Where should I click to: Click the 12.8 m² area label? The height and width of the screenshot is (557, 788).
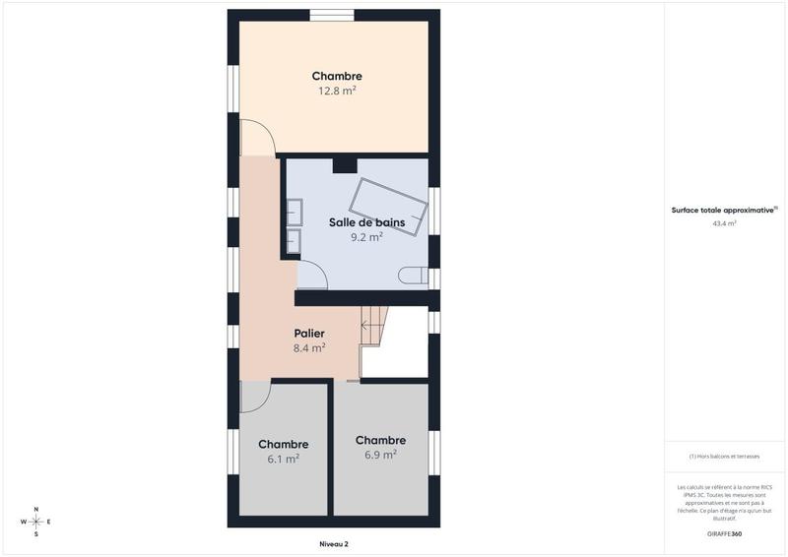(336, 91)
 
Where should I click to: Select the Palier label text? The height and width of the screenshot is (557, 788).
(309, 334)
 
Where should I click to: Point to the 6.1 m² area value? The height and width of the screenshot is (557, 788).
(283, 459)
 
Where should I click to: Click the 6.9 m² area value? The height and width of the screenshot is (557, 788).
(380, 455)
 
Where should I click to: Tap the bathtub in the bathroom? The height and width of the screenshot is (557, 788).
(391, 205)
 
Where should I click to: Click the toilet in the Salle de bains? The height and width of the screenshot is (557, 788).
(414, 277)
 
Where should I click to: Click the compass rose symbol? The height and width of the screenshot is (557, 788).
(35, 522)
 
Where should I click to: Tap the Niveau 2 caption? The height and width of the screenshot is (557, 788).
(334, 544)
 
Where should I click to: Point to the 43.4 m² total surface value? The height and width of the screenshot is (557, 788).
(724, 223)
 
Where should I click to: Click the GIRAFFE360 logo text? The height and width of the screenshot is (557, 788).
(724, 533)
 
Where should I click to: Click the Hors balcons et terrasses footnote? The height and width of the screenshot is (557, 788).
(724, 457)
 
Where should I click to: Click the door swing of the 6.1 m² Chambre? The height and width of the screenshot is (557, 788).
(253, 396)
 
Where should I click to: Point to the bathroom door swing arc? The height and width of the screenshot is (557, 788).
(312, 276)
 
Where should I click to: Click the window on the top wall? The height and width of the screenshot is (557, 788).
(332, 15)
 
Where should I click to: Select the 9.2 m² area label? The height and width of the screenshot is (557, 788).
(366, 237)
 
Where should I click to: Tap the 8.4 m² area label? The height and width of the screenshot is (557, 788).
(309, 347)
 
